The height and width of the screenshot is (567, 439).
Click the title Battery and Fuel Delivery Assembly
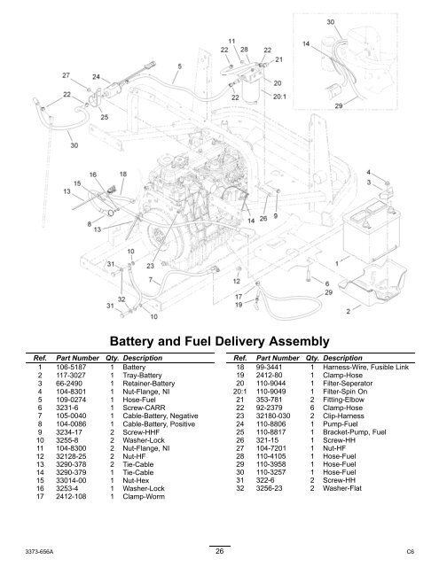pos(219,341)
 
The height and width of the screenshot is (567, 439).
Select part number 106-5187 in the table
pos(71,367)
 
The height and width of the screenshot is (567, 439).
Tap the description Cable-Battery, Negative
pos(161,416)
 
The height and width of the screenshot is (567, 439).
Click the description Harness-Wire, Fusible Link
pos(366,367)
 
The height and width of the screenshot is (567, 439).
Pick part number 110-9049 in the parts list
pos(271,392)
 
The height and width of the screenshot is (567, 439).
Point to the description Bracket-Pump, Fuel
pos(355,431)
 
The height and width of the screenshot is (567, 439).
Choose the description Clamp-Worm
pos(144,496)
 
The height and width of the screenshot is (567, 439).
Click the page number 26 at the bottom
pos(219,551)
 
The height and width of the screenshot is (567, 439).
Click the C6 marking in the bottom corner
pos(410,552)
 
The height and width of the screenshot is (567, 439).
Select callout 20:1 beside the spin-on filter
pos(279,97)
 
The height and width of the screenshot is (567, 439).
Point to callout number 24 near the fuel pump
pos(96,77)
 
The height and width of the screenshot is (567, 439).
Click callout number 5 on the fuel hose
pos(179,66)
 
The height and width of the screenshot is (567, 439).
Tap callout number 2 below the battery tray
pos(349,311)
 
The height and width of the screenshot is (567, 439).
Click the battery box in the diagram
pos(371,231)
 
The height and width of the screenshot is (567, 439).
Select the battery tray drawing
pos(372,283)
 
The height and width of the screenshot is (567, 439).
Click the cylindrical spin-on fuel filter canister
pos(253,92)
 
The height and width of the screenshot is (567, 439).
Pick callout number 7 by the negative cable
pos(150,280)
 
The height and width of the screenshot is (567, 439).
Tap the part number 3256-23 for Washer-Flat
pos(269,488)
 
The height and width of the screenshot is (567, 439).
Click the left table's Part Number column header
pos(77,358)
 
